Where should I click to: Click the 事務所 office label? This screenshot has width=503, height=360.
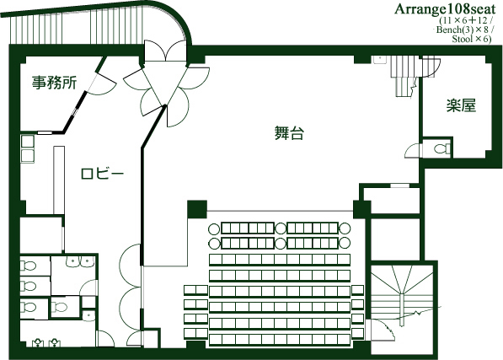click(54, 83)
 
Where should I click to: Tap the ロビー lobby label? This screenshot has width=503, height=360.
click(102, 174)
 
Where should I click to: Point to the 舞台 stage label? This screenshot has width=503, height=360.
click(289, 133)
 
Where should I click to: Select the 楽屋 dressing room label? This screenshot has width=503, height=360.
click(461, 105)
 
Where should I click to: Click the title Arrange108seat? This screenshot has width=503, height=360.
click(445, 9)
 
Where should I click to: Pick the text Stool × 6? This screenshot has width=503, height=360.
click(470, 40)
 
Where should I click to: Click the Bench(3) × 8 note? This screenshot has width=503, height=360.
click(463, 30)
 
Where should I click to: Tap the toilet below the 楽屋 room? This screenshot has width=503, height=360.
click(442, 149)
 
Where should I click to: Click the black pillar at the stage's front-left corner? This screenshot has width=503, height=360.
click(197, 208)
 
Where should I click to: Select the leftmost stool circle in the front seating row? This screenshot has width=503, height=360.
click(214, 229)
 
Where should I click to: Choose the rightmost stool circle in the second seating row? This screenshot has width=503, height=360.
click(345, 243)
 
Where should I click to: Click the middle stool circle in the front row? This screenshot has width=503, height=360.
click(281, 229)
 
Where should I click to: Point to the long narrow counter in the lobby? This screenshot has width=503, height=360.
click(58, 180)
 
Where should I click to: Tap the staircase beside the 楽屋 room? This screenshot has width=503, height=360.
click(403, 75)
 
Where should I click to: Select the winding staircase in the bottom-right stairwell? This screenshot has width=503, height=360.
click(402, 294)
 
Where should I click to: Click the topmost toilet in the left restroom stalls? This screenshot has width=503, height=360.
click(28, 266)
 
